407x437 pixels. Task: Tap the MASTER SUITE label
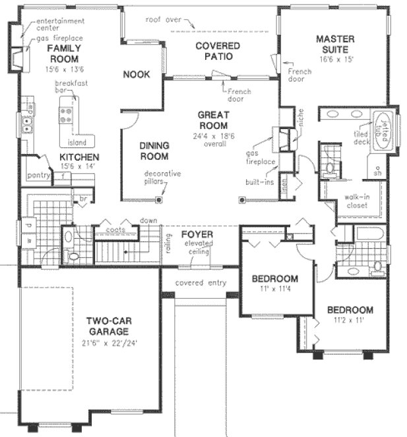click(334, 45)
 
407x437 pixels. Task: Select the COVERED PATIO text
click(217, 51)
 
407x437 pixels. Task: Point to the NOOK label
click(137, 74)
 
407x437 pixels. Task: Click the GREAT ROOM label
click(213, 120)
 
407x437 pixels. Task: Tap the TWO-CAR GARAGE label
click(111, 326)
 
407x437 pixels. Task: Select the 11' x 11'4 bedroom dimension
click(275, 289)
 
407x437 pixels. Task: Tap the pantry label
click(39, 175)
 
